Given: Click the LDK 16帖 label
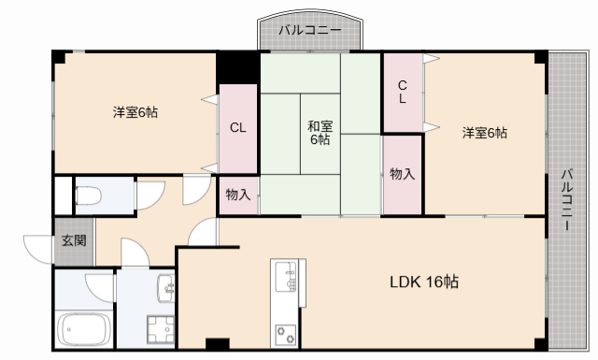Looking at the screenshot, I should [424, 281].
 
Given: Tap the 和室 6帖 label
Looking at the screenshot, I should [319, 134].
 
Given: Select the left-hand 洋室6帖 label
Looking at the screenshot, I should [135, 113].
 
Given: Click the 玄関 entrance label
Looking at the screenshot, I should [75, 240].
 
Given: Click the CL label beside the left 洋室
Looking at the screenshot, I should [238, 128].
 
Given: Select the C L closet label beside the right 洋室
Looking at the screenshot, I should [402, 91].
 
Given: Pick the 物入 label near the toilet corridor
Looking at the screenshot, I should [238, 194].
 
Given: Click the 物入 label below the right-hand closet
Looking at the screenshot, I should [402, 175].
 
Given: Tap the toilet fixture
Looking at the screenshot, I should [90, 196].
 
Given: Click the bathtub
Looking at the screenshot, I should [85, 330].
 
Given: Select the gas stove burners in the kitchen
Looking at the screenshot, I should [285, 332].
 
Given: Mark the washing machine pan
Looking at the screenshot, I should [157, 331].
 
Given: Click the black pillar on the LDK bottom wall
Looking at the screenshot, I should [217, 342].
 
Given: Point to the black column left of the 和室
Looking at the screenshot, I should [238, 67].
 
